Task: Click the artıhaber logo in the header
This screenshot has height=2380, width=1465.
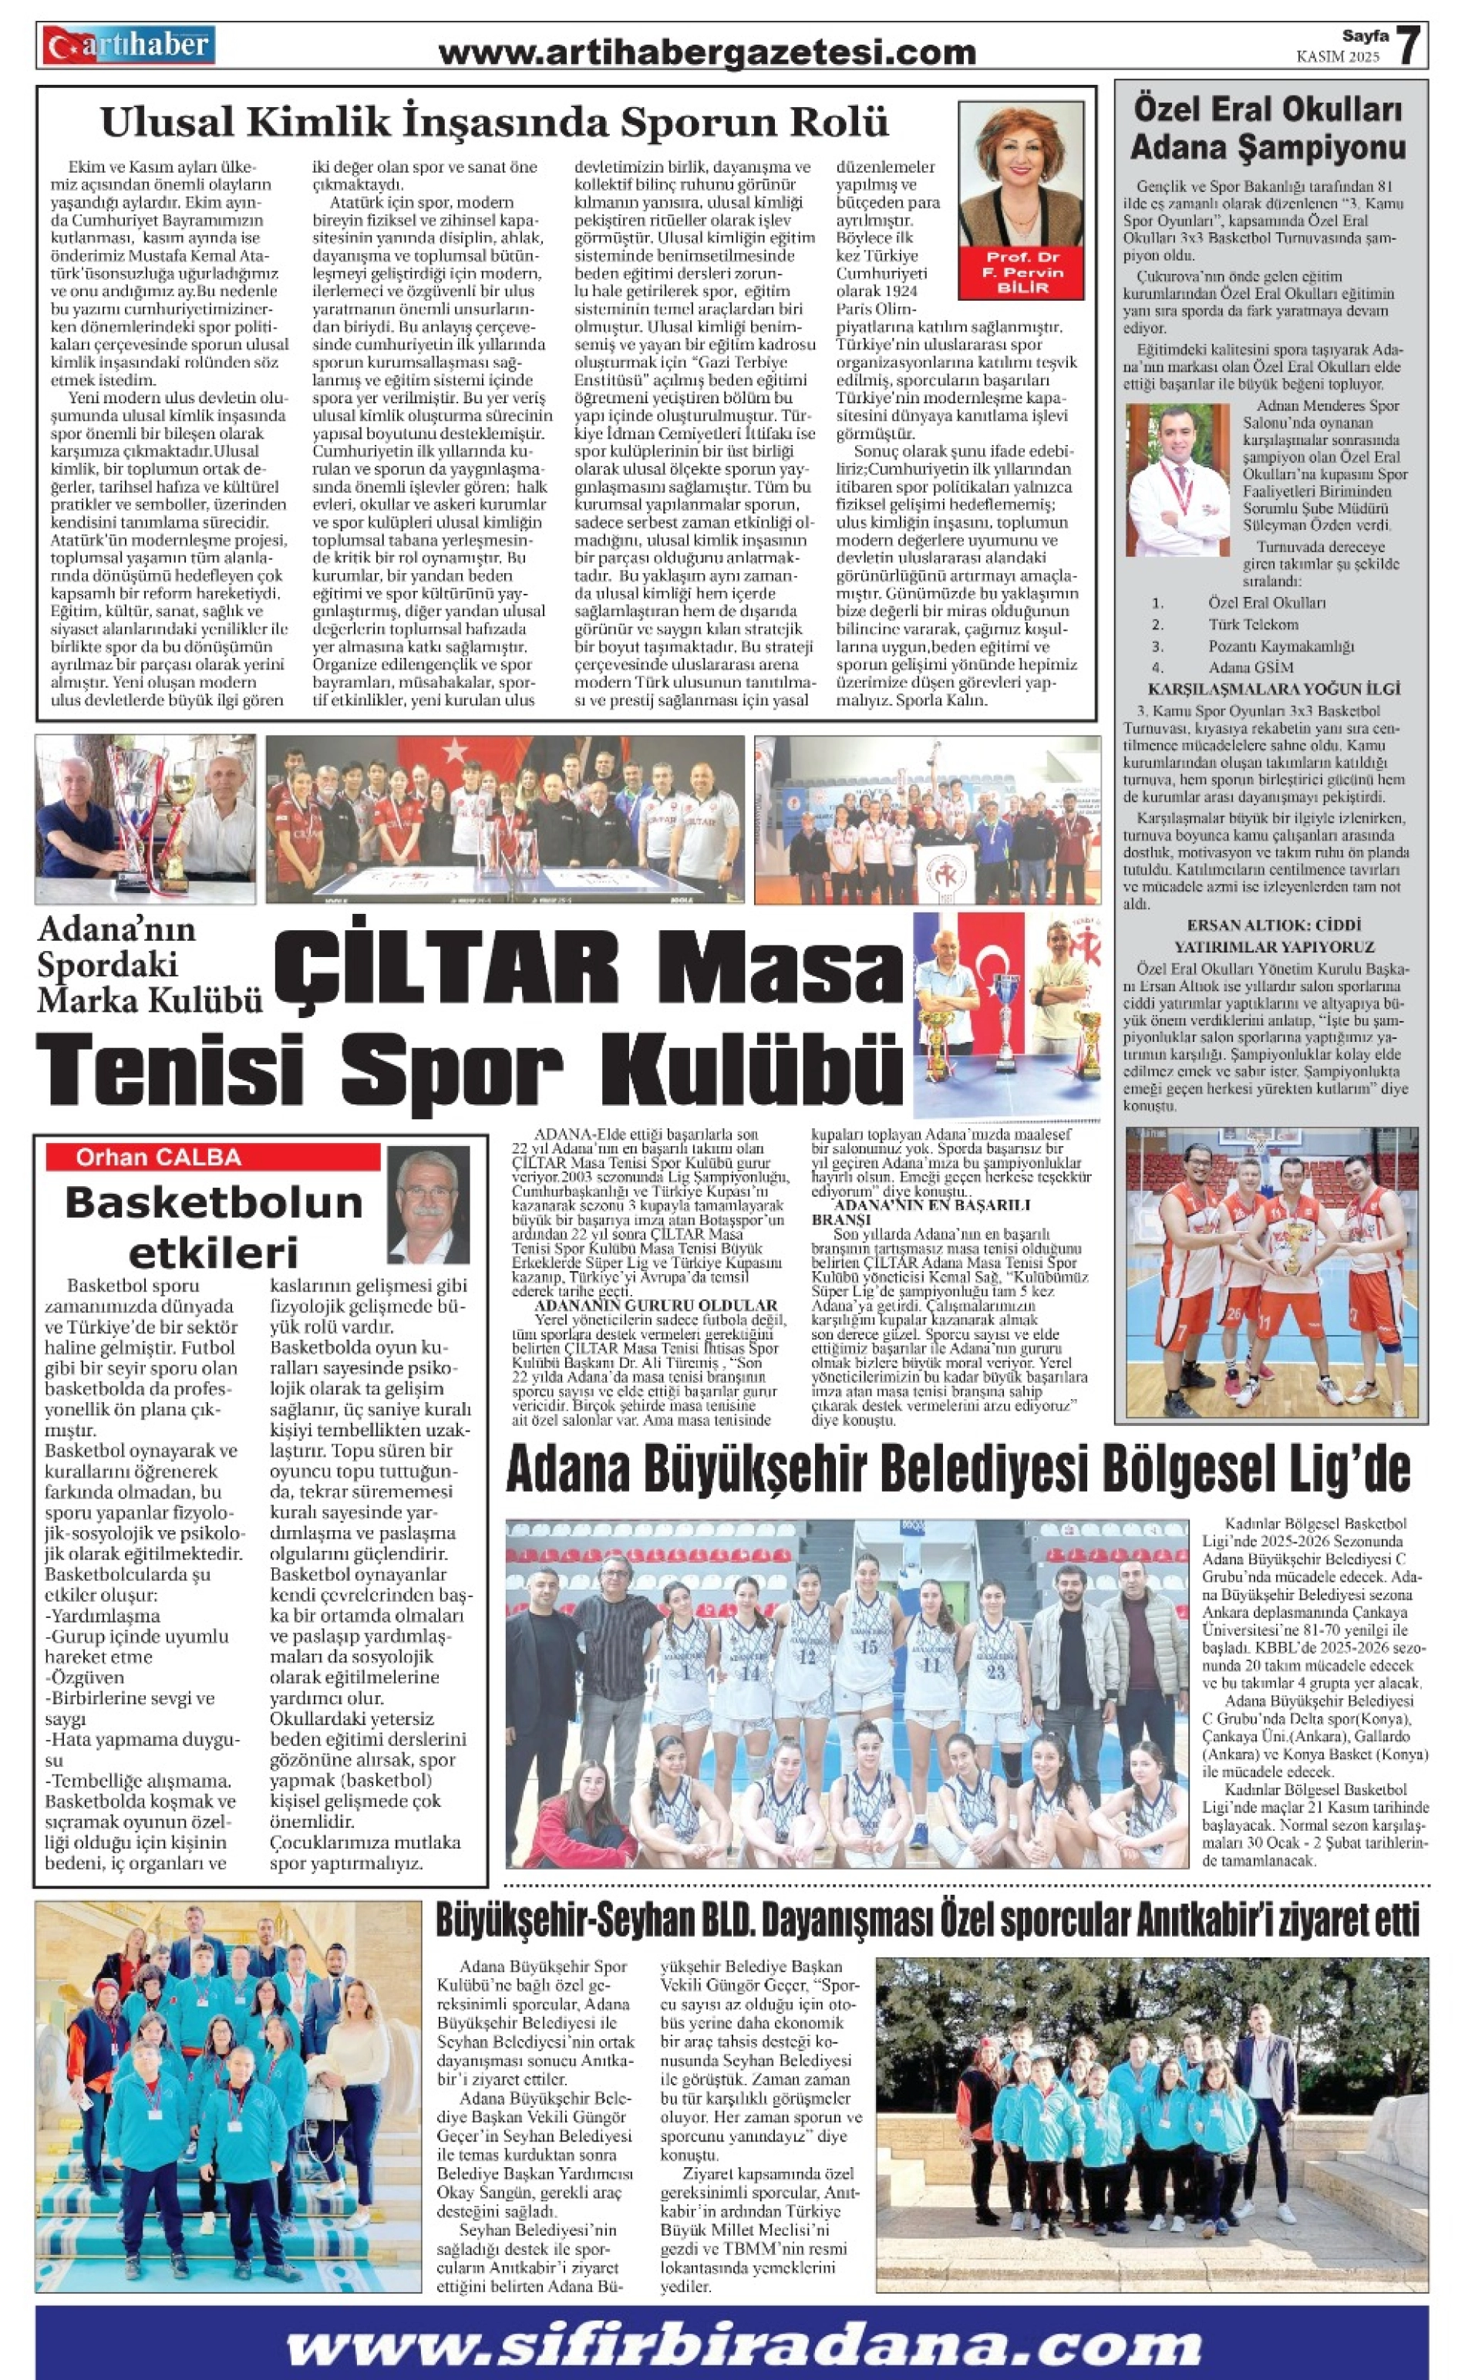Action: (128, 46)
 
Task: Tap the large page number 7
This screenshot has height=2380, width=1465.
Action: (1409, 45)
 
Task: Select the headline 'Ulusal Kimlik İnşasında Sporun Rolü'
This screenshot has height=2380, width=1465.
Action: (494, 123)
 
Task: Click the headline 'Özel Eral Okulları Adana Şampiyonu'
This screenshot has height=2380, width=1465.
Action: (1268, 128)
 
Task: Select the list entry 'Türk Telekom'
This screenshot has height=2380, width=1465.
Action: (1252, 624)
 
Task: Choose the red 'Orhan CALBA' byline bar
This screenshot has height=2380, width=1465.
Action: (213, 1157)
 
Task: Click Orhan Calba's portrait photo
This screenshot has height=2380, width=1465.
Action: (427, 1204)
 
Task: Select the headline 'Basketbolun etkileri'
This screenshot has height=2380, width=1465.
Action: (213, 1225)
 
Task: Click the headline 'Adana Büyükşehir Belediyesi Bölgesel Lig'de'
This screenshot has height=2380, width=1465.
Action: (958, 1470)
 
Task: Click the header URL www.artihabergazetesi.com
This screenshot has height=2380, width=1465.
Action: (706, 52)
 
